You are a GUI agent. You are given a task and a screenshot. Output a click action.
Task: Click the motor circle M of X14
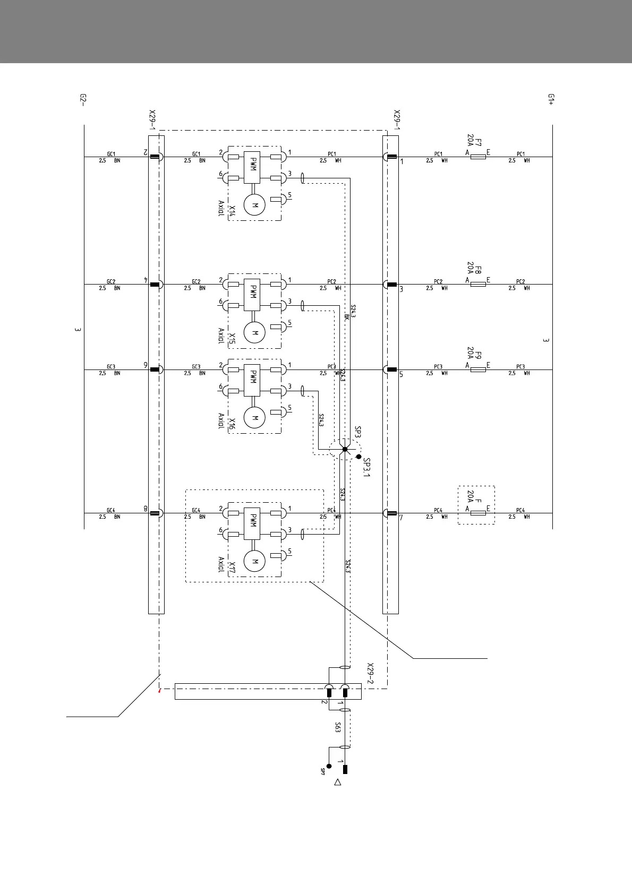254,205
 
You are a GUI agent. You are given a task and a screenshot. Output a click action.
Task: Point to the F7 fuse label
478,142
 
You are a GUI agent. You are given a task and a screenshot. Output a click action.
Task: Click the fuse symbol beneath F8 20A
478,285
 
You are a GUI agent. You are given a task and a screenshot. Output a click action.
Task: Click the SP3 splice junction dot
345,449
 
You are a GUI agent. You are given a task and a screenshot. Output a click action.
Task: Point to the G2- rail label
83,99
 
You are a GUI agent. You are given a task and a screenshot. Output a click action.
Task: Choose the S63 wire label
337,727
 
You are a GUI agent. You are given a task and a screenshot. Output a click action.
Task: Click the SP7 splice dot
329,766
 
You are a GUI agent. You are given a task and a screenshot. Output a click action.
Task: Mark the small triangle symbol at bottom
337,782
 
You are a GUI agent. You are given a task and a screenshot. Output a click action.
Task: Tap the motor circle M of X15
254,333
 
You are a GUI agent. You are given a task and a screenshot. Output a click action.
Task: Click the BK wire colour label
346,316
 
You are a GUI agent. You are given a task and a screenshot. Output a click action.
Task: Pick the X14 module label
232,211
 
